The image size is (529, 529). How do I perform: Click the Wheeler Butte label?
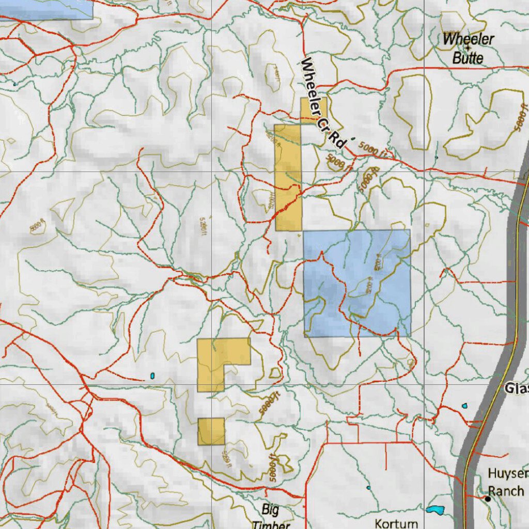point(468,48)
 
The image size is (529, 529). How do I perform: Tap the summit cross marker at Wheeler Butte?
point(468,48)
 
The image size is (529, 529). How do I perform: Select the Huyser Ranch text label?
point(507,482)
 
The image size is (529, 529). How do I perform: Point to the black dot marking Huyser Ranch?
point(487,499)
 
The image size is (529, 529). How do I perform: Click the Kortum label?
point(396,523)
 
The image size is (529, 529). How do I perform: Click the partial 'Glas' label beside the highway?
point(516,388)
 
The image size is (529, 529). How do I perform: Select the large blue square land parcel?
point(357,283)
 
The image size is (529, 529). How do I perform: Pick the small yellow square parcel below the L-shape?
point(211,431)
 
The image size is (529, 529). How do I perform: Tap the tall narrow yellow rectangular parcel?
point(288,177)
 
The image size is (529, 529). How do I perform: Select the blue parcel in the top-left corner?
point(46,9)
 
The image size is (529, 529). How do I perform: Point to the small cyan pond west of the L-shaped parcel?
point(152,375)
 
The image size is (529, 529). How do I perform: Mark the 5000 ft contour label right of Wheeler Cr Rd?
point(371,150)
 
